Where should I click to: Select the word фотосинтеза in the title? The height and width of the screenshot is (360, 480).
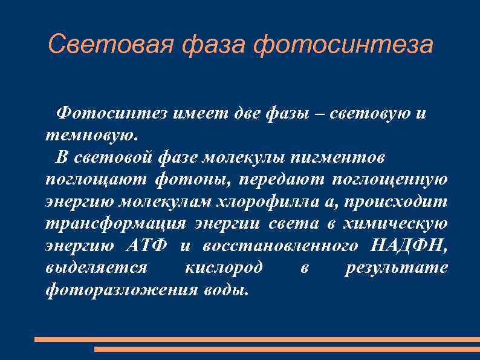(x=343, y=44)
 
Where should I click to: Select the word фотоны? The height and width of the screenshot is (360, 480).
(x=192, y=180)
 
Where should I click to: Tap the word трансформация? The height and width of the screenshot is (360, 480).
(x=115, y=224)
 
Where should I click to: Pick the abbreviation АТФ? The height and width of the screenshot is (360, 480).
(x=148, y=246)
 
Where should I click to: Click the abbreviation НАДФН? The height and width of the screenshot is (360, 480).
(x=412, y=246)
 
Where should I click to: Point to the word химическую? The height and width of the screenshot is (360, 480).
(x=395, y=224)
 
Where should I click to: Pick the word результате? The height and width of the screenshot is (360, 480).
(x=396, y=268)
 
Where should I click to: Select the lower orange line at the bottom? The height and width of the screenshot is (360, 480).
(x=287, y=349)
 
